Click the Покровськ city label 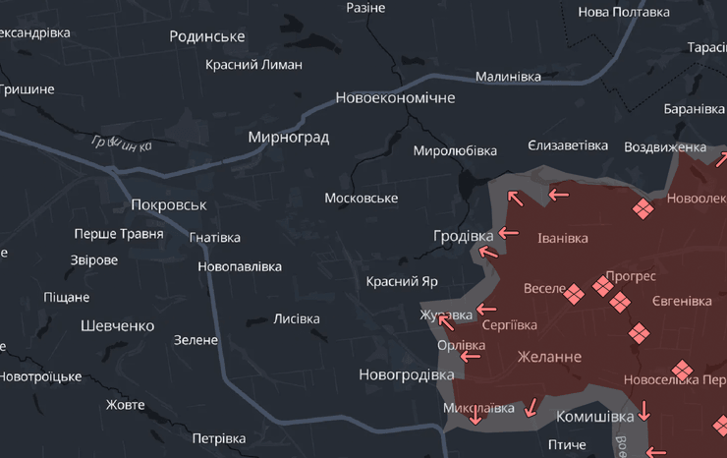[169, 205]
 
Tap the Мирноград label [288, 138]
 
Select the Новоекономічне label [395, 98]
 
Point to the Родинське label [206, 36]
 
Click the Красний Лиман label [253, 65]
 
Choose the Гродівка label [464, 236]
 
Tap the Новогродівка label [406, 374]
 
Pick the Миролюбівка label [455, 151]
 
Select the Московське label [362, 199]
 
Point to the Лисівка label [297, 319]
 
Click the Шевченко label [118, 325]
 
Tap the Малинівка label [508, 77]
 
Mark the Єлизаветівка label [568, 145]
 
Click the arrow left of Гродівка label [508, 233]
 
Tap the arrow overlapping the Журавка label [445, 320]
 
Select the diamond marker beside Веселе [574, 293]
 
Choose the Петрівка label [218, 438]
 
